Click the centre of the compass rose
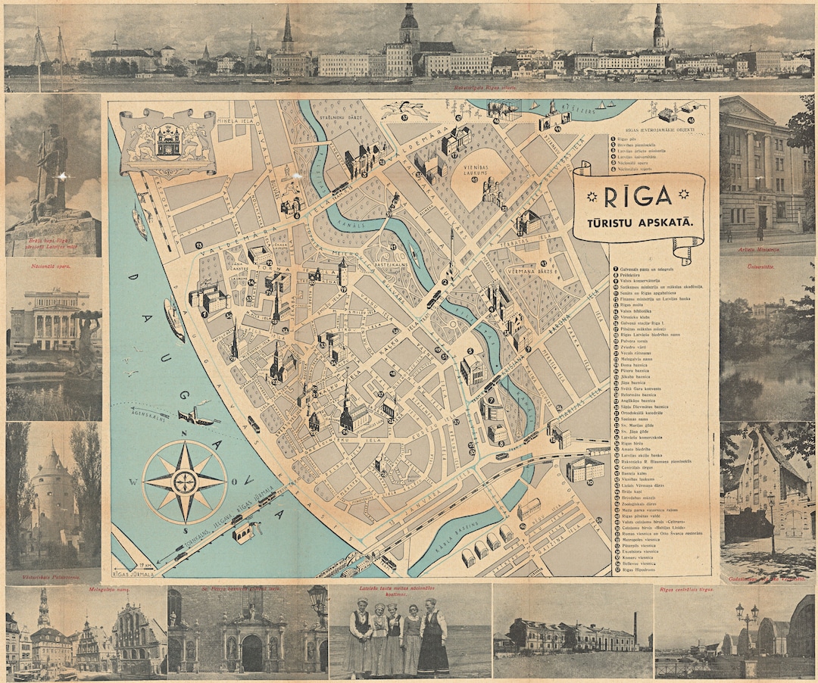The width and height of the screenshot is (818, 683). tap(185, 482)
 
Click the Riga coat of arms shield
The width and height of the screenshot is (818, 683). tap(167, 140)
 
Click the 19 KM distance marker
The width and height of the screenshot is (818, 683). tap(143, 566)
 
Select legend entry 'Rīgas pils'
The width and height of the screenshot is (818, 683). tap(628, 139)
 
